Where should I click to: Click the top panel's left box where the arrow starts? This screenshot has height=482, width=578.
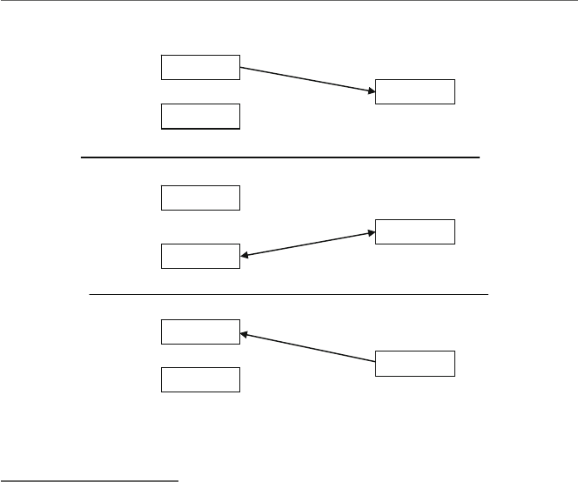(200, 67)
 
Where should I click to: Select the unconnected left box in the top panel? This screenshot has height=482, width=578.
(200, 116)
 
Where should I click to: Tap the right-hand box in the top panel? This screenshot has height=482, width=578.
(414, 91)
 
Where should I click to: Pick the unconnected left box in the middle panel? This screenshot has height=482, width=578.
(200, 197)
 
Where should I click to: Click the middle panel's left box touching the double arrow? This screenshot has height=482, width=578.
(200, 256)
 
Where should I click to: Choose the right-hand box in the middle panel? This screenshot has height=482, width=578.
(414, 232)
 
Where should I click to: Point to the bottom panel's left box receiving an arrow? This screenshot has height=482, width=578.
(200, 331)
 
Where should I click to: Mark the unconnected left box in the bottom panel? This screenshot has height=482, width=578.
(200, 379)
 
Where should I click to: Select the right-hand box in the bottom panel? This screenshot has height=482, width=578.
(414, 363)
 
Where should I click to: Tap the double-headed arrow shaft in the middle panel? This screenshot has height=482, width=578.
(307, 244)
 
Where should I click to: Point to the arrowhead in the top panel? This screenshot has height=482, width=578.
(370, 90)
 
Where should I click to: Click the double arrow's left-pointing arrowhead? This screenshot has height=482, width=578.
(244, 255)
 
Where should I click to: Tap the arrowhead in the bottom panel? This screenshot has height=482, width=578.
(245, 333)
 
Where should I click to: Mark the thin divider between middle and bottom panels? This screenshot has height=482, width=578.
(288, 295)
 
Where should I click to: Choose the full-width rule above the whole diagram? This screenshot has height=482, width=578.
(289, 1)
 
